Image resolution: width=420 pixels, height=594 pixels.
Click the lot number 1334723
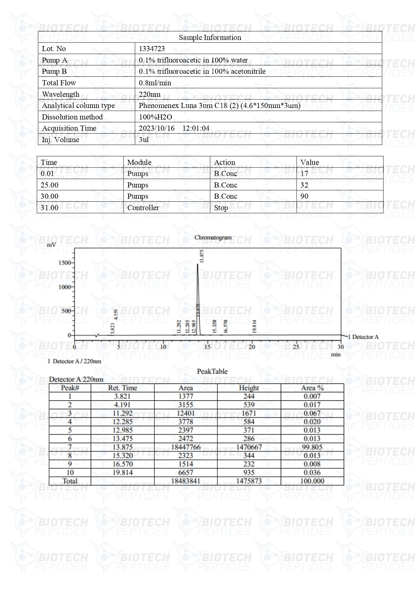[x=152, y=49]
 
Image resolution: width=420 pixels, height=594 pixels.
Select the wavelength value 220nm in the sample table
[x=149, y=94]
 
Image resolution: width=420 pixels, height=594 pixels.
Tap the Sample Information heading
[x=210, y=37]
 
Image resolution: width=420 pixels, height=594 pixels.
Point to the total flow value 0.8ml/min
[x=155, y=83]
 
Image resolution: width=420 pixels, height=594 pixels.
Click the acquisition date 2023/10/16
[x=157, y=128]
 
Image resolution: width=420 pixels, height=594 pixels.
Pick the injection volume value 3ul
[x=144, y=139]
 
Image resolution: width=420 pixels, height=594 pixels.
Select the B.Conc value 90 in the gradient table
[x=304, y=196]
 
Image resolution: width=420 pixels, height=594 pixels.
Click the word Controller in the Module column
[x=143, y=208]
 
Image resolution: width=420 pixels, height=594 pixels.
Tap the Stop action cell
[x=221, y=208]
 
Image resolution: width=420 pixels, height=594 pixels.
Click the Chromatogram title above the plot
[x=213, y=238]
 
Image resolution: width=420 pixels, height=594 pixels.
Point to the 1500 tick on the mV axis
[x=64, y=263]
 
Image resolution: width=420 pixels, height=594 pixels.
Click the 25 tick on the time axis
[x=296, y=347]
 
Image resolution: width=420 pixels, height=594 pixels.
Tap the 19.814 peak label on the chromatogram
[x=254, y=327]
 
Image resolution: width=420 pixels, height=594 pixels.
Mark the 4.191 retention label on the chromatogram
[x=116, y=314]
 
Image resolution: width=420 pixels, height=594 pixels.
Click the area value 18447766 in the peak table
[x=186, y=447]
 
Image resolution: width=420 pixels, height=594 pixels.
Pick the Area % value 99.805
[x=312, y=447]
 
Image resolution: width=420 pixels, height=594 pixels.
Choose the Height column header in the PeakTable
[x=249, y=388]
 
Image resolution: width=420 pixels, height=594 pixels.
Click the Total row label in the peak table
[x=70, y=481]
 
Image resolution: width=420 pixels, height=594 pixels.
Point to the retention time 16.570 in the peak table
[x=123, y=464]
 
